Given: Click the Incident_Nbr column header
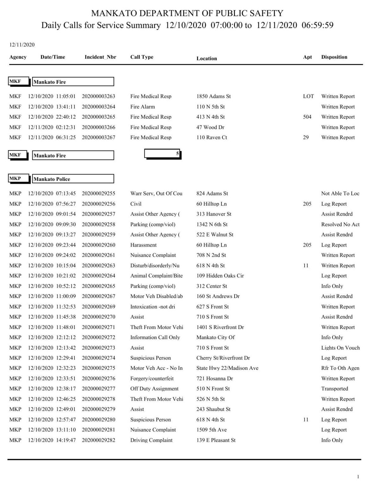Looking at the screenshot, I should tap(100, 57).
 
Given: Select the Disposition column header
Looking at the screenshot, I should tap(334, 57).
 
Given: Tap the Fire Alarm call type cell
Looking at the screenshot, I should tap(142, 107).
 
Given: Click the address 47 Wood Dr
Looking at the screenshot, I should tap(210, 127).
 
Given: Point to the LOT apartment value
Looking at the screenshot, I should tap(308, 96).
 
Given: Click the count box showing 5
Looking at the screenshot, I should tap(162, 154).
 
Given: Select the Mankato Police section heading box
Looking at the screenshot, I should tap(73, 179).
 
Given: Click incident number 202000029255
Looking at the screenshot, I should tap(98, 193).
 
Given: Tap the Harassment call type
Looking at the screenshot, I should tap(143, 245).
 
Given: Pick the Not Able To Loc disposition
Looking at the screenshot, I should tap(340, 193).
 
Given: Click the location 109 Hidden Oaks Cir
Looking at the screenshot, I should tap(220, 276).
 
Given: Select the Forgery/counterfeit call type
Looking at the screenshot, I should tap(152, 379).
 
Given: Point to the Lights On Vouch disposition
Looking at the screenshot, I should tap(340, 348).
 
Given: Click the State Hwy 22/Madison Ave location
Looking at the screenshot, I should tap(227, 368).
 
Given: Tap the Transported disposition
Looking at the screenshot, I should tap(334, 389).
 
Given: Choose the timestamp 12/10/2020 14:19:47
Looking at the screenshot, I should tap(52, 440).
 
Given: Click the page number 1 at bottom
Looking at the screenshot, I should tap(358, 477).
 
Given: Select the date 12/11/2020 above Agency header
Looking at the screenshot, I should tap(22, 45).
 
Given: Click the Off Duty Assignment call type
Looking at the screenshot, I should tap(154, 389).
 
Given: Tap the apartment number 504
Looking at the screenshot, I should tap(307, 117).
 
